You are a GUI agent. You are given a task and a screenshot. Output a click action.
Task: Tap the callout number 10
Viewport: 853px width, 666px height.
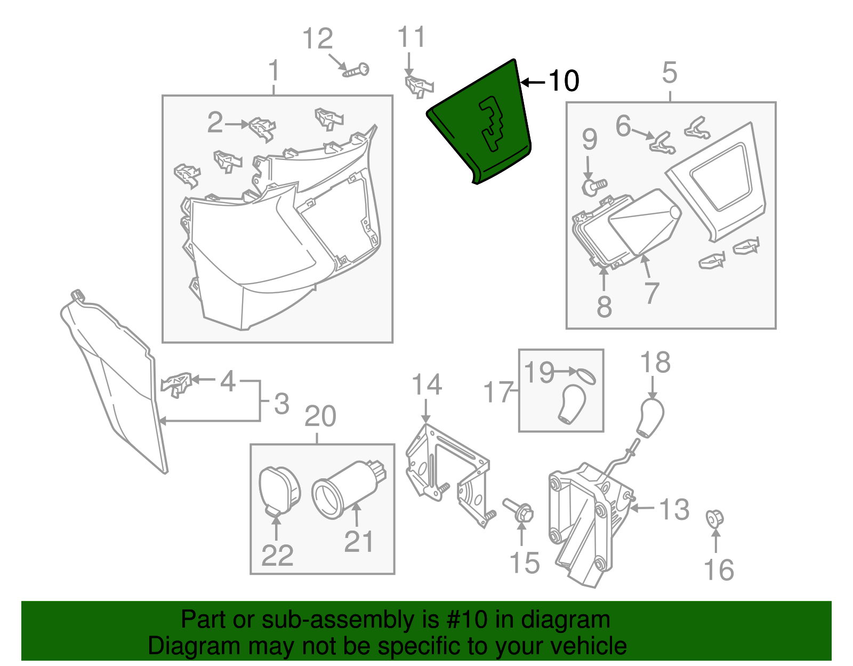point(564,81)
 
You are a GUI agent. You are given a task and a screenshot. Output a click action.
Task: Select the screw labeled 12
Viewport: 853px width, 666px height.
point(356,71)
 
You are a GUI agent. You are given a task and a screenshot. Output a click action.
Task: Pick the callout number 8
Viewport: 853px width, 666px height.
point(604,307)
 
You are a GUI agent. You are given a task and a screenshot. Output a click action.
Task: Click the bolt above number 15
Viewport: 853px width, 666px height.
point(519,509)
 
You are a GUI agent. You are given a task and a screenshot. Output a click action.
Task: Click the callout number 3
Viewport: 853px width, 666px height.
point(281,404)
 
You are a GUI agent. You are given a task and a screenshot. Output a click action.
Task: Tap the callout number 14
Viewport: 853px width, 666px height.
point(426,385)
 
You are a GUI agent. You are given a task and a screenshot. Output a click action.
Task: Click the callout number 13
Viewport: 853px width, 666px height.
point(674,510)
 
